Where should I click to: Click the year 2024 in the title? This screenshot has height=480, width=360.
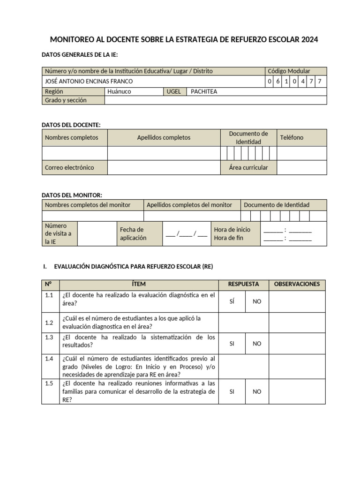[310, 40]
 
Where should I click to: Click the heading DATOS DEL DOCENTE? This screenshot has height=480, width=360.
[71, 125]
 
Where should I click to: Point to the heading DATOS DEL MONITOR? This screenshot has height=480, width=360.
[72, 195]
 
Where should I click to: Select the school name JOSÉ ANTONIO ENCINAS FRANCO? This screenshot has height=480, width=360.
[89, 82]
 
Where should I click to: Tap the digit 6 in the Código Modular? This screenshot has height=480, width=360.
[278, 82]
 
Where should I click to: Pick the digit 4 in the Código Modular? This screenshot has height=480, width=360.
[303, 82]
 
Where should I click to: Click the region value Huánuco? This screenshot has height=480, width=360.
[119, 91]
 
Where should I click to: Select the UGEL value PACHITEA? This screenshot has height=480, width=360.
[204, 91]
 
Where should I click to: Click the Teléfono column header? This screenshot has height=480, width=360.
[292, 137]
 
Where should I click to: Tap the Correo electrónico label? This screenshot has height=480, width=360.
[69, 167]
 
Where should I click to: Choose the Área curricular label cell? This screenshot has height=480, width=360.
[248, 167]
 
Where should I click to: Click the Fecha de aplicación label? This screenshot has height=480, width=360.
[133, 233]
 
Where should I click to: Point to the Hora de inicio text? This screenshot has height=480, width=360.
[232, 230]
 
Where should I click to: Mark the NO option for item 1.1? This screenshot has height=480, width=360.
[257, 301]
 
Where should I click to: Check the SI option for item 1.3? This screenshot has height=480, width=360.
[232, 344]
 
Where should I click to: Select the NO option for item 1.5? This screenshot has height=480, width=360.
[257, 391]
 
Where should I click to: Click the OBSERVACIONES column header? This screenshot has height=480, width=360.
[297, 284]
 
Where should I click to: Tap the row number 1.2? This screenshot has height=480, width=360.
[49, 322]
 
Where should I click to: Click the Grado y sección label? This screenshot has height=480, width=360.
[66, 100]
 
